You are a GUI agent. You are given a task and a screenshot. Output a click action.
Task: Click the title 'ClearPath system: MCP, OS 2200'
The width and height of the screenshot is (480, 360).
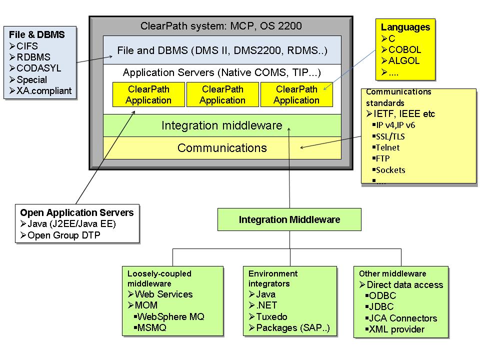click(x=221, y=26)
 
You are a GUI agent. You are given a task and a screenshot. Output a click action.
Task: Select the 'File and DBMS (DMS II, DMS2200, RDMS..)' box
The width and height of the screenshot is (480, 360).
click(x=222, y=50)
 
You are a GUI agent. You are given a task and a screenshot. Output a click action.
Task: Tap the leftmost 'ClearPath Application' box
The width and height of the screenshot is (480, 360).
click(x=148, y=95)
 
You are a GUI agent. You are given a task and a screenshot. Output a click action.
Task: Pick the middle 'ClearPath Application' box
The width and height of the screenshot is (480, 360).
click(x=222, y=95)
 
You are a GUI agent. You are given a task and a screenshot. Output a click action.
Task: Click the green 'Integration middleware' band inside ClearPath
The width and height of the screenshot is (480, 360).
click(x=221, y=125)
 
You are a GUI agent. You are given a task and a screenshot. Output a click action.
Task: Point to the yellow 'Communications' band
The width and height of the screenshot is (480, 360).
click(x=222, y=148)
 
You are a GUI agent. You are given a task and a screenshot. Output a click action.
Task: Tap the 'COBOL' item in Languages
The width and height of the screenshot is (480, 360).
click(x=404, y=49)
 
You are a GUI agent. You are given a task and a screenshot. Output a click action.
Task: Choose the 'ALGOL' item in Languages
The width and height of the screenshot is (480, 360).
click(x=403, y=61)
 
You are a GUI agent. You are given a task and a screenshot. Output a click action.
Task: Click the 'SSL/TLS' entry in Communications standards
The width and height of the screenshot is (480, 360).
click(x=387, y=136)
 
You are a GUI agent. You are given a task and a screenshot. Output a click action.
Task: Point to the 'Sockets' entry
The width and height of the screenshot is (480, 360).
click(x=390, y=170)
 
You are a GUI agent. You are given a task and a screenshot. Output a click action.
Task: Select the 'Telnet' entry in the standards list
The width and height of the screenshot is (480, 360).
click(x=387, y=147)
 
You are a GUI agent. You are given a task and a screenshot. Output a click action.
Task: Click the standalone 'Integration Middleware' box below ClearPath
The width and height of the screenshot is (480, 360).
click(x=289, y=219)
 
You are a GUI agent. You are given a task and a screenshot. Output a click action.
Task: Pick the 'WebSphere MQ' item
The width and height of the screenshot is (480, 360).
click(x=170, y=316)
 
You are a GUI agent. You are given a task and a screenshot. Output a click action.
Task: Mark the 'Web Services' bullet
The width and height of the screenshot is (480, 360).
click(x=163, y=294)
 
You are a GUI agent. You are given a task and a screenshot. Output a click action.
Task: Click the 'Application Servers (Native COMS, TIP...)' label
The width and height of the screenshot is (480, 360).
click(x=221, y=72)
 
